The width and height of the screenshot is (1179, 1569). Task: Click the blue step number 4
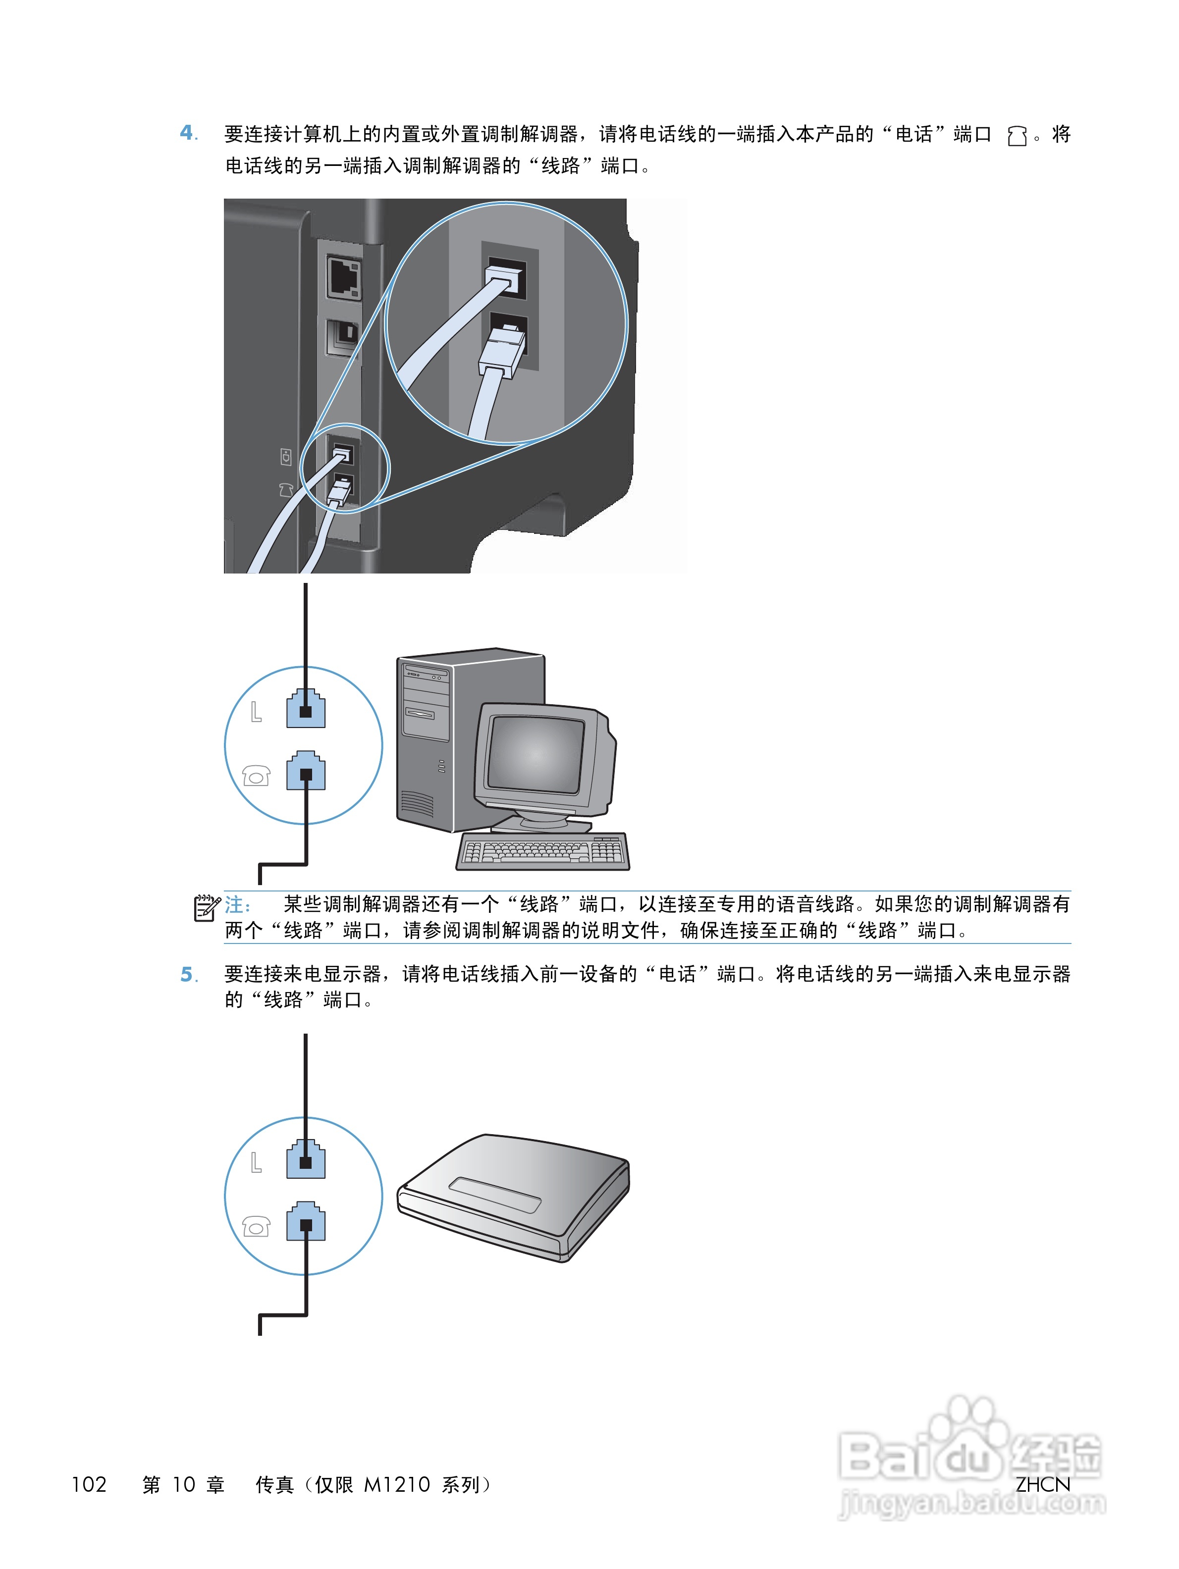tap(187, 133)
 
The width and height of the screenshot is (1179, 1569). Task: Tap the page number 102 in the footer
tap(89, 1485)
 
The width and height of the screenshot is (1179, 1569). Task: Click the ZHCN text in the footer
tap(1042, 1485)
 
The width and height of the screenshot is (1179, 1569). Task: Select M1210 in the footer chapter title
tap(396, 1485)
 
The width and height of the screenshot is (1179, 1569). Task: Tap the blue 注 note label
tap(237, 904)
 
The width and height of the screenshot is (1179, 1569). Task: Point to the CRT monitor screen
tap(535, 755)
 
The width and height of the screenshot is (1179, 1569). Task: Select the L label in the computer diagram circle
tap(256, 711)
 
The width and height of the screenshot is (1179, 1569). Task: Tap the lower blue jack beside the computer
tap(306, 771)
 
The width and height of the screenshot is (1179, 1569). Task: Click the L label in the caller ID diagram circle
tap(256, 1162)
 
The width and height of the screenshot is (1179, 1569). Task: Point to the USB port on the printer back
tap(343, 338)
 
